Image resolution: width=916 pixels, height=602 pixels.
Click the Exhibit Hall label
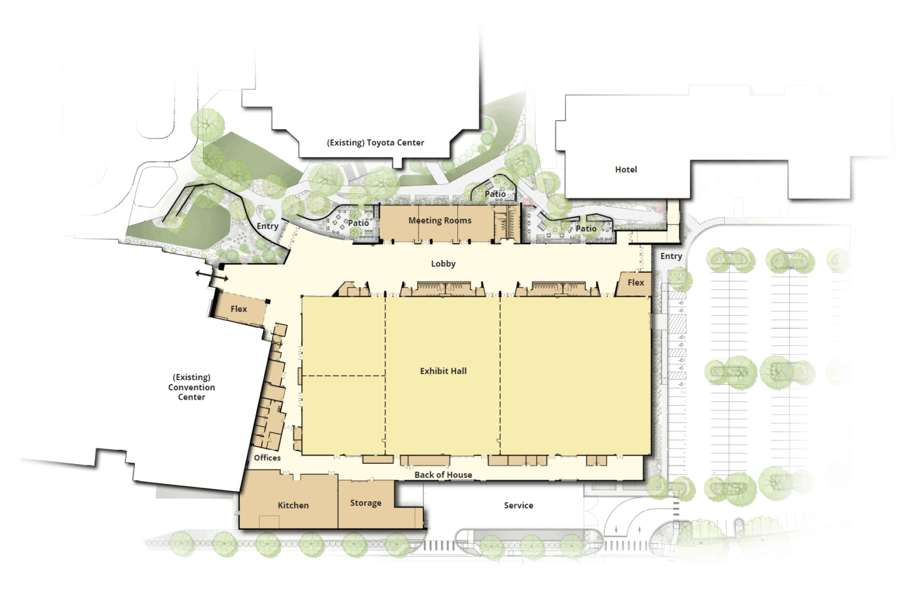(x=443, y=371)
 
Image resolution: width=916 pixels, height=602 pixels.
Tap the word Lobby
(x=443, y=264)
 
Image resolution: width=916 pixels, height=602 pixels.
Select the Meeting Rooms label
(x=440, y=221)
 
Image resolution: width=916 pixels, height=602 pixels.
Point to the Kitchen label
(x=293, y=505)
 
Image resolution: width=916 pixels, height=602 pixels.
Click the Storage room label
(x=366, y=503)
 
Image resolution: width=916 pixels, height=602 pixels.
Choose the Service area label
(x=518, y=505)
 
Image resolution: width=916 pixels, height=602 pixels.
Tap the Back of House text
(x=443, y=475)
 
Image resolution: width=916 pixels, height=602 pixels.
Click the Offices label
(x=267, y=458)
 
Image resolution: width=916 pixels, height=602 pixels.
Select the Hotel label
(x=626, y=169)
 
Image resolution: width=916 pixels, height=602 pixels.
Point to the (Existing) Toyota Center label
(x=375, y=143)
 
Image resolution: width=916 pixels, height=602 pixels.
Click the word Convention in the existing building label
(x=191, y=387)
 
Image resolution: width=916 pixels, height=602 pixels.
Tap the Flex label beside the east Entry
(x=636, y=283)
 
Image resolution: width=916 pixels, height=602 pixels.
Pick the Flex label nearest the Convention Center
(x=239, y=309)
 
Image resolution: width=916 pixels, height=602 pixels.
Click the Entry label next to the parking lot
(x=671, y=256)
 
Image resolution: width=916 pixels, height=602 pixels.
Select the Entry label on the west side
(x=267, y=226)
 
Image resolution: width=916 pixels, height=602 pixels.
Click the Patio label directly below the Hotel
(x=586, y=229)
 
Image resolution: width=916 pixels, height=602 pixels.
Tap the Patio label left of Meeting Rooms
(x=358, y=223)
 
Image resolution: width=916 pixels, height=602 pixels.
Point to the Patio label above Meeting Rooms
(x=495, y=194)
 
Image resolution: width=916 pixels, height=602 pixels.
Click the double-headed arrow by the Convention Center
(x=212, y=276)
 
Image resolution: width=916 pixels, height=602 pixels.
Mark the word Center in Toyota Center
(x=409, y=143)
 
